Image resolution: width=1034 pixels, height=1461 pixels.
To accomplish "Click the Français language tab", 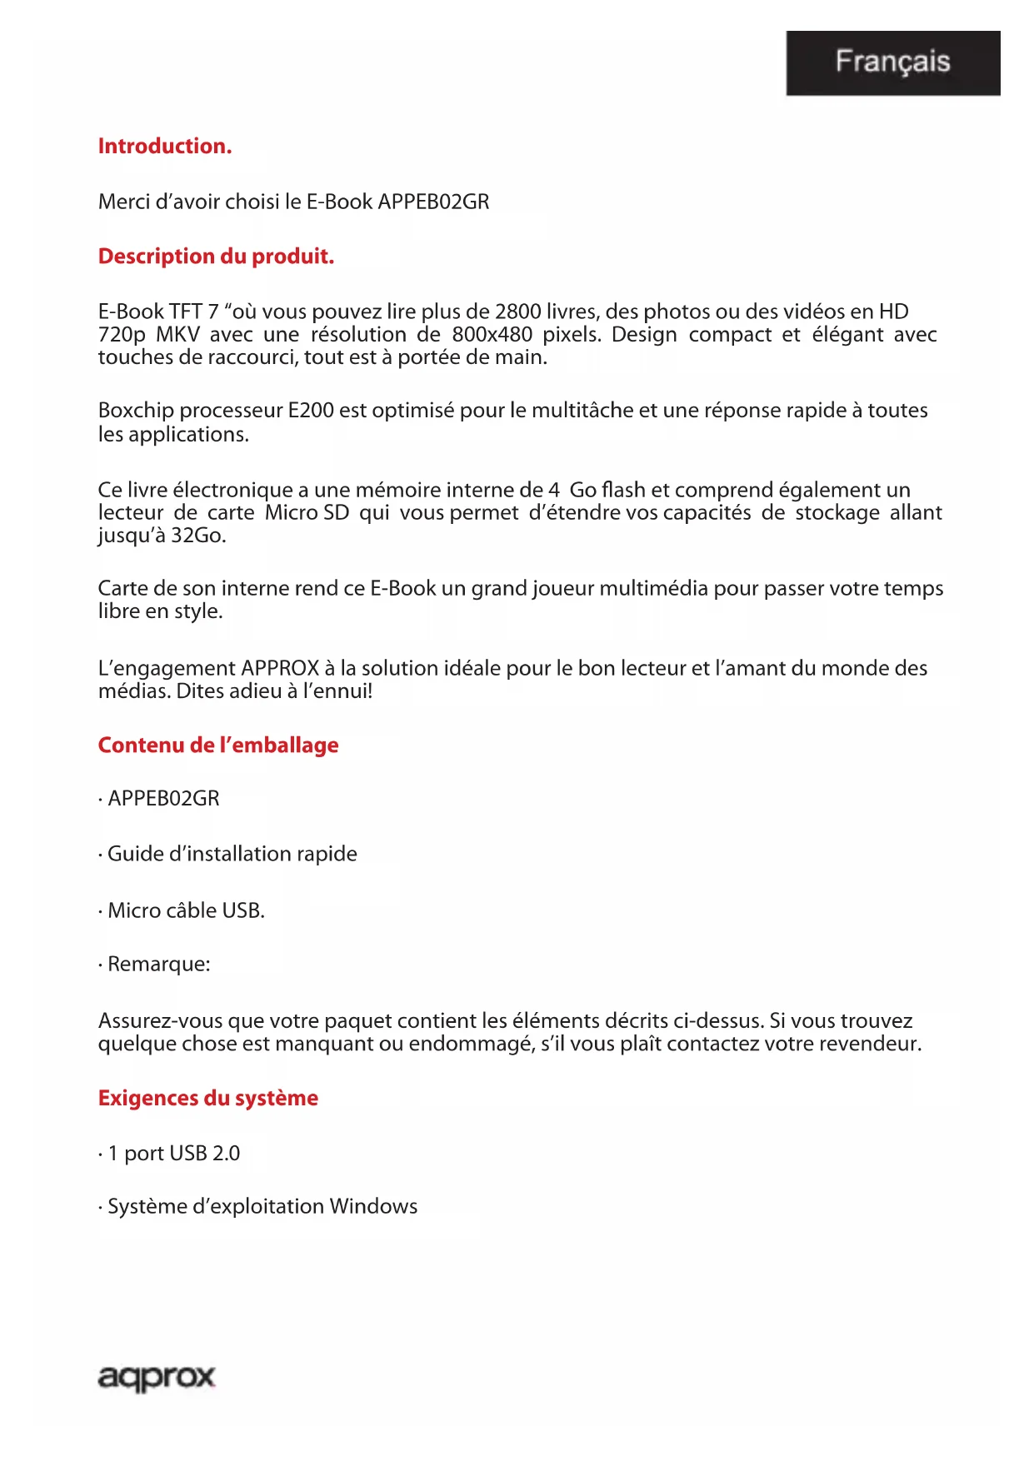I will tap(892, 62).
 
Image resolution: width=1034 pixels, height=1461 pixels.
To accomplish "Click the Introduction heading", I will tap(165, 147).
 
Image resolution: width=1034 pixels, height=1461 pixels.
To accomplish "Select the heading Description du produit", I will tap(216, 257).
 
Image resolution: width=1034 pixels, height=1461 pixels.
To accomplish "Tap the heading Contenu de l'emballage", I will tap(218, 745).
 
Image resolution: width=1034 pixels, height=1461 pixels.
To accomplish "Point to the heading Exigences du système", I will tap(208, 1099).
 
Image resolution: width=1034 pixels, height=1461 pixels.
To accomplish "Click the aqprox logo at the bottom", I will tap(157, 1378).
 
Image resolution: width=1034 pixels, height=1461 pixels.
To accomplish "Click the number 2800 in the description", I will tap(517, 312).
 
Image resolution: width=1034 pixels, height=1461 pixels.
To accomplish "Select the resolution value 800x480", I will tap(492, 335).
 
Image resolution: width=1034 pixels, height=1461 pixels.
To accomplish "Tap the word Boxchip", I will tap(136, 411).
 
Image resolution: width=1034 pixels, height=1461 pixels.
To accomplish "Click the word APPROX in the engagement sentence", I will tap(280, 669).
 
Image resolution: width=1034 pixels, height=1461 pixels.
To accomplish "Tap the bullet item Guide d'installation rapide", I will tap(232, 855).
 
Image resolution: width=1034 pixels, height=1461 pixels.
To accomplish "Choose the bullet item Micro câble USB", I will tap(186, 911).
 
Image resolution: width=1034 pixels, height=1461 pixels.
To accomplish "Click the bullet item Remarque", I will tap(158, 965).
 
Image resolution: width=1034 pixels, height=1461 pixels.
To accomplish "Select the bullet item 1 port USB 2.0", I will tap(173, 1154).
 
